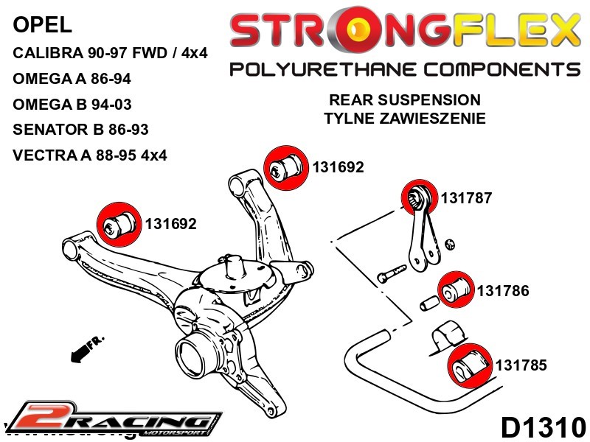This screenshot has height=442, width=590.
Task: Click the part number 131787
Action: point(465,198)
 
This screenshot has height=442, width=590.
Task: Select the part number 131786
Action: point(503,291)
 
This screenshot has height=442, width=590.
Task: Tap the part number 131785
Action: point(521,364)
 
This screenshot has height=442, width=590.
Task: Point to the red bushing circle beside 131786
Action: point(456,290)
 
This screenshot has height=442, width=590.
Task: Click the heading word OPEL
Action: point(43,26)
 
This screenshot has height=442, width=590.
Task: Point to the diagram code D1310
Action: point(543,427)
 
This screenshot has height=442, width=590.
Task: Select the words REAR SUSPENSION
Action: point(404,100)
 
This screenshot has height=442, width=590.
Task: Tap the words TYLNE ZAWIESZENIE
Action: point(404,118)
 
